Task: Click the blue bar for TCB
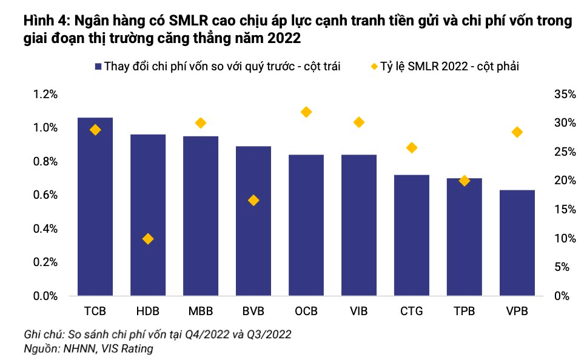tap(95, 207)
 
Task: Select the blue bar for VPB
tap(517, 243)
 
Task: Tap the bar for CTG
tap(411, 235)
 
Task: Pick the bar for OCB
tap(306, 225)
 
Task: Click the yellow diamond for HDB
tap(148, 239)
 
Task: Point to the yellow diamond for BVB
tap(253, 200)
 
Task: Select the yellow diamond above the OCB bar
tap(306, 112)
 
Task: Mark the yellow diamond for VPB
tap(517, 132)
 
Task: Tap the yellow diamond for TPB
tap(465, 181)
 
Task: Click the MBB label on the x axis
tap(201, 311)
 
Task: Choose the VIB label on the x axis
tap(358, 311)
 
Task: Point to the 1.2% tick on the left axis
tap(45, 95)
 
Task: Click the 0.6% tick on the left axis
tap(45, 195)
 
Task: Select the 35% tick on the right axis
tap(565, 95)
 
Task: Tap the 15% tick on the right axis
tap(565, 210)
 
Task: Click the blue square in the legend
tap(98, 67)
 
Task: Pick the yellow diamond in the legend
tap(374, 66)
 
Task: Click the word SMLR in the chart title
tap(189, 20)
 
